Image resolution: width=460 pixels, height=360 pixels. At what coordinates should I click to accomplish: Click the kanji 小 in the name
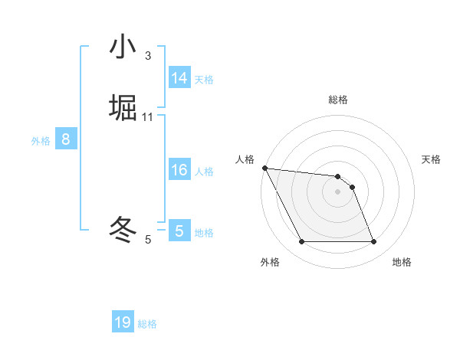[123, 47]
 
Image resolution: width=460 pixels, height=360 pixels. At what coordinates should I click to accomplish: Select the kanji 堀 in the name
[123, 108]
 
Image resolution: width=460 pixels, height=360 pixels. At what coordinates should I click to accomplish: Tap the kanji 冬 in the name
[123, 229]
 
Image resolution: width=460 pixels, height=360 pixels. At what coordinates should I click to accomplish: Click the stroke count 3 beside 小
[148, 56]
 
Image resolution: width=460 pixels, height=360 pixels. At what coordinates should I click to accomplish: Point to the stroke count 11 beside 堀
[148, 116]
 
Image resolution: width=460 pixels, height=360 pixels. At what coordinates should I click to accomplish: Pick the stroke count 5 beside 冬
[148, 240]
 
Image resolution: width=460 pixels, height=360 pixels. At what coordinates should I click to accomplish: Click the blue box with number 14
[179, 78]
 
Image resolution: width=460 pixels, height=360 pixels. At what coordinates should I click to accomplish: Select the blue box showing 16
[179, 170]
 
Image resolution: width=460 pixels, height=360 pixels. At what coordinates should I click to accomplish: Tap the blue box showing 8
[66, 139]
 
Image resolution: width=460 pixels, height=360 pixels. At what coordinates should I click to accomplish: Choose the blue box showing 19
[123, 322]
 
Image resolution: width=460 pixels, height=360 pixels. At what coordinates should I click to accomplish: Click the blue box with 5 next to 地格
[179, 231]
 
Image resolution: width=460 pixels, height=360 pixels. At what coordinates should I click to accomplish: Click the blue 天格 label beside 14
[204, 80]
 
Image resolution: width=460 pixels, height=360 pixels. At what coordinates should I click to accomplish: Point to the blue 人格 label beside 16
[204, 172]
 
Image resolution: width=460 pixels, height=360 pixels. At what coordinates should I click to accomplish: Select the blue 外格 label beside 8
[41, 141]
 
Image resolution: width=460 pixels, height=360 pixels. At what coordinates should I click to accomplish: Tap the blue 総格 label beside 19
[147, 324]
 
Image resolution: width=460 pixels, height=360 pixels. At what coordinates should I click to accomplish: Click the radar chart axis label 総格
[338, 100]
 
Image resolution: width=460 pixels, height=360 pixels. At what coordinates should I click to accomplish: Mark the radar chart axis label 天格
[432, 159]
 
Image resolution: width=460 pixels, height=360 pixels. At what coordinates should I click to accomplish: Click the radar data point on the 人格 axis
[264, 168]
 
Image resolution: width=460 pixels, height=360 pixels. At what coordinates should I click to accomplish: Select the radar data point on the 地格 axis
[374, 242]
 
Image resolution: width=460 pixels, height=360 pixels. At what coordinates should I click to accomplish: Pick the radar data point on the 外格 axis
[302, 242]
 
